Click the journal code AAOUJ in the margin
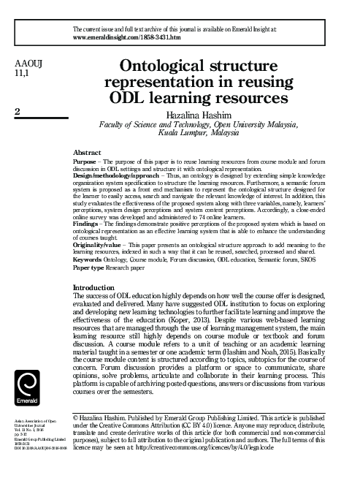[x=28, y=64]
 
